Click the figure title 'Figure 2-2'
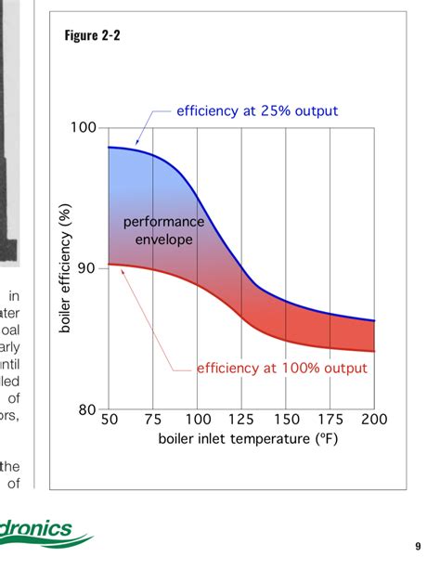[x=93, y=36]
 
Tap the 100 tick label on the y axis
[x=85, y=127]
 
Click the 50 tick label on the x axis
[x=109, y=420]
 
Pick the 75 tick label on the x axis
[x=153, y=420]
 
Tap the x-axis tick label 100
[x=197, y=420]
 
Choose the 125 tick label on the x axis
[x=241, y=420]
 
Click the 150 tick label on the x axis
[x=285, y=420]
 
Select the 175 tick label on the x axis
[x=330, y=420]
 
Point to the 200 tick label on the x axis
[x=373, y=420]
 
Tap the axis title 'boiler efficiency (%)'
[x=65, y=269]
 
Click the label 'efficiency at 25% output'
[x=257, y=111]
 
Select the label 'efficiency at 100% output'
[x=281, y=369]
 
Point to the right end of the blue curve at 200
[x=373, y=320]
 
